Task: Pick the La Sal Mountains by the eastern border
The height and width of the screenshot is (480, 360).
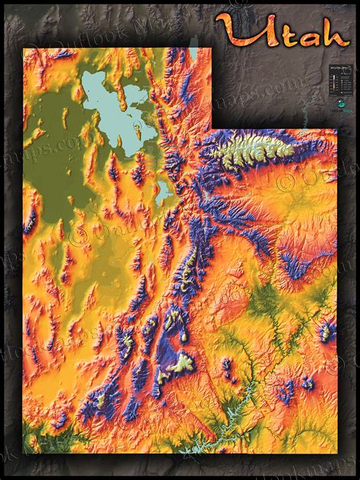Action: [327, 330]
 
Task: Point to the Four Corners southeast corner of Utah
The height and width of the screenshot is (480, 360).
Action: [336, 453]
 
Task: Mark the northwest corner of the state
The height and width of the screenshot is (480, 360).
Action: [24, 49]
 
